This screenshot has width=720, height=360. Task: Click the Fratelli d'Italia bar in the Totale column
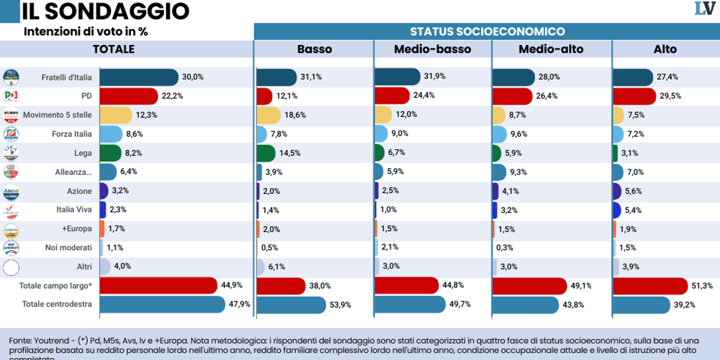pyautogui.click(x=139, y=77)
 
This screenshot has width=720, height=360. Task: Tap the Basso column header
pyautogui.click(x=314, y=49)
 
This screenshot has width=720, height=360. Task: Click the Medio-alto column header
pyautogui.click(x=551, y=49)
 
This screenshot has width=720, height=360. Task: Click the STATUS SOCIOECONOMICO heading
pyautogui.click(x=487, y=32)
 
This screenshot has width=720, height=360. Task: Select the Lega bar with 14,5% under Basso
pyautogui.click(x=266, y=153)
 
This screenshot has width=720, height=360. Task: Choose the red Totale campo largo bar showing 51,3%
pyautogui.click(x=650, y=286)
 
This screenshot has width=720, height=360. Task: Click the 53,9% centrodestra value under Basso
pyautogui.click(x=340, y=304)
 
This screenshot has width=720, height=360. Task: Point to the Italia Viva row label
pyautogui.click(x=74, y=210)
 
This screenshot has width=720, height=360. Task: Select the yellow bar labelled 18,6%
pyautogui.click(x=268, y=115)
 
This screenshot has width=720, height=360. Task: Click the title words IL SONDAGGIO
pyautogui.click(x=105, y=11)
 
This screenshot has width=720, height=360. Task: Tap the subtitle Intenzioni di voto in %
pyautogui.click(x=86, y=31)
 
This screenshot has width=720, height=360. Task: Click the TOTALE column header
pyautogui.click(x=113, y=49)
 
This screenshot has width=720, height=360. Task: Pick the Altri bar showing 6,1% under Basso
pyautogui.click(x=260, y=266)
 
